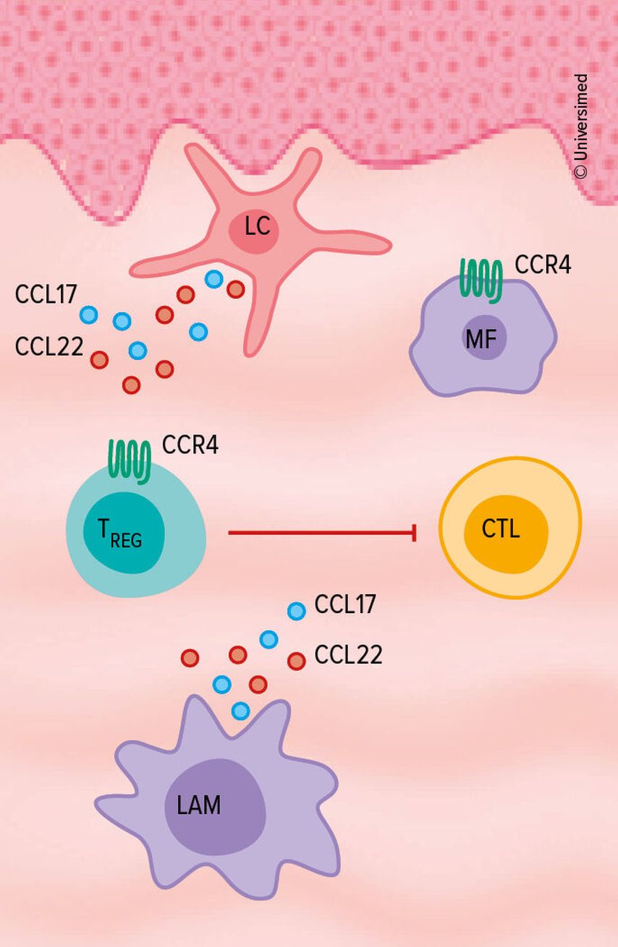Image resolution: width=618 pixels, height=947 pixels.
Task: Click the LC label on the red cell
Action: tap(257, 227)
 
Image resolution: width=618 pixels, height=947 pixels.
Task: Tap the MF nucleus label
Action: tap(484, 337)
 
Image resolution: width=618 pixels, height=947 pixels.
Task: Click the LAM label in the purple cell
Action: tap(199, 805)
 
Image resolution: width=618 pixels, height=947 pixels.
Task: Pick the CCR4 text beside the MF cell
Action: tap(543, 265)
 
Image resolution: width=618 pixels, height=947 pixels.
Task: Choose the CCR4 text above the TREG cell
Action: tap(190, 445)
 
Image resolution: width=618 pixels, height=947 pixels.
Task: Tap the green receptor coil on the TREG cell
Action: tap(130, 460)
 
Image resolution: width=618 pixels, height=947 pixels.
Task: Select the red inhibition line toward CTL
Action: tap(322, 534)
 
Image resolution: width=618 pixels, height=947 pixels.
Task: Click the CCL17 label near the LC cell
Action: tap(46, 295)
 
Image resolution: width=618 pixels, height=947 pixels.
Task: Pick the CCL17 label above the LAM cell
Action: tap(345, 604)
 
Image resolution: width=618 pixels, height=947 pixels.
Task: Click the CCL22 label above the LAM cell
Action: tap(348, 655)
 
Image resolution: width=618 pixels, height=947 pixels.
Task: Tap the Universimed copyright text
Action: tap(580, 126)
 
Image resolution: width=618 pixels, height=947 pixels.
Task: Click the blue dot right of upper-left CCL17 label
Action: tap(88, 314)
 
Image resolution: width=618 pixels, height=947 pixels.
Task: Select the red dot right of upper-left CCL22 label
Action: tap(99, 359)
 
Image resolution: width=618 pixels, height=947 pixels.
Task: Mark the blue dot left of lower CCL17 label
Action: tap(297, 611)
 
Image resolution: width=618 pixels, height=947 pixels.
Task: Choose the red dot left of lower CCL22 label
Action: tap(296, 661)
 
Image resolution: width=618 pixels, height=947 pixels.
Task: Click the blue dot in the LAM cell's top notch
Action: tap(241, 711)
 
